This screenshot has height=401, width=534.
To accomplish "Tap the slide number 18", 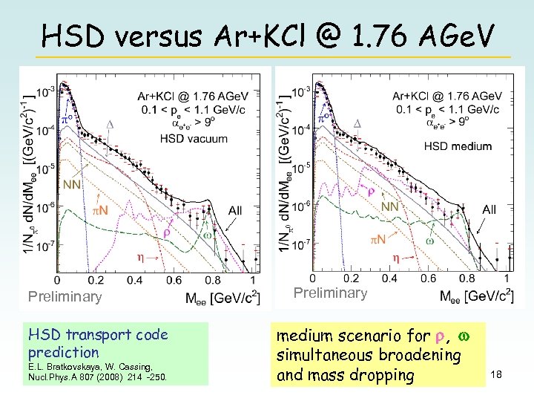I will pos(496,376).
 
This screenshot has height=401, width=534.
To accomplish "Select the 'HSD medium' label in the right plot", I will pos(458,146).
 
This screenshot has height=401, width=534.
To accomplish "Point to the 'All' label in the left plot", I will pos(234,211).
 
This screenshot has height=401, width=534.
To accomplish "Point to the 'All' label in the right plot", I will pos(489,210).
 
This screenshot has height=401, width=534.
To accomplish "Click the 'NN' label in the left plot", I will pos(72,185).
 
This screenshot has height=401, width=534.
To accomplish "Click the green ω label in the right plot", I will pos(429,241).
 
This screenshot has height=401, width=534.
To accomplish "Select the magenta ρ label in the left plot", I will pos(166,232).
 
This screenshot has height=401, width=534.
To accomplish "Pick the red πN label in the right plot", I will pos(378,240).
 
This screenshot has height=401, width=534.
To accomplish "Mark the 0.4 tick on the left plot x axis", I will pos(135,280).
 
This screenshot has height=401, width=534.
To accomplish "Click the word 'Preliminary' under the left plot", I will pos(65,297).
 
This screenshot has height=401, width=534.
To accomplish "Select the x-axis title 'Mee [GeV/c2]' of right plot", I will pos(474,296).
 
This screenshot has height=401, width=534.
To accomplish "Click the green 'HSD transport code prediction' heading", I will pos(96,343).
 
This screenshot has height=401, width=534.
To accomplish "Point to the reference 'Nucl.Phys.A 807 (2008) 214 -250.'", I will pos(96,376).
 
